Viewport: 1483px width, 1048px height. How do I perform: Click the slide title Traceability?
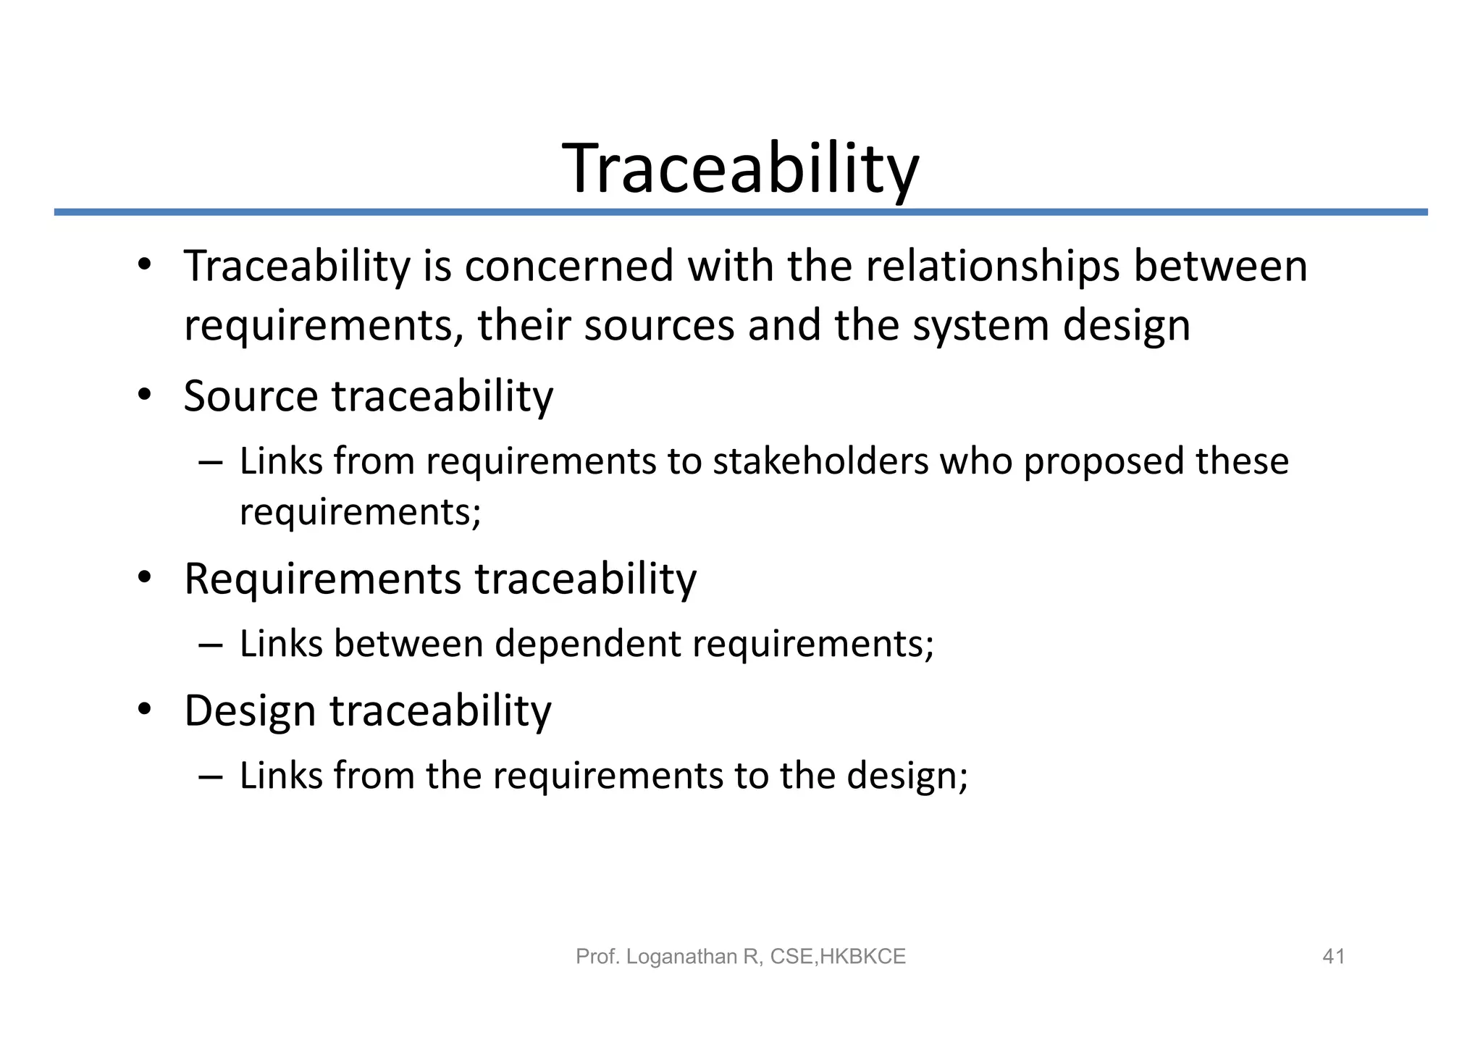740,169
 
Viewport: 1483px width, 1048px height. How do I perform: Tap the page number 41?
1333,957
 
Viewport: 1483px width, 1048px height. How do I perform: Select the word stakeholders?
820,461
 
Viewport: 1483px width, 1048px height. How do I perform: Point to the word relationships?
993,266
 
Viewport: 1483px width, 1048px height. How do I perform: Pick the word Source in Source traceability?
251,396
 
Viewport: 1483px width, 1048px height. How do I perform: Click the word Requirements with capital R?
322,579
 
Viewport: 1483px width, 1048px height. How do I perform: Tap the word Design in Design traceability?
250,710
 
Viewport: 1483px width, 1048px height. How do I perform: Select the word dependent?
587,644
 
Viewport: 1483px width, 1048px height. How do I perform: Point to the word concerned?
569,266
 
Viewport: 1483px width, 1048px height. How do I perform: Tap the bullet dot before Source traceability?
144,395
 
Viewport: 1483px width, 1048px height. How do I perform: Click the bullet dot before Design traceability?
144,710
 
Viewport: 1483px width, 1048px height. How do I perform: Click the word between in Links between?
408,644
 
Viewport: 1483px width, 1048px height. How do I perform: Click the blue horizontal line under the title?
740,212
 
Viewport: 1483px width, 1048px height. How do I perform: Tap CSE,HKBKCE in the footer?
838,957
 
